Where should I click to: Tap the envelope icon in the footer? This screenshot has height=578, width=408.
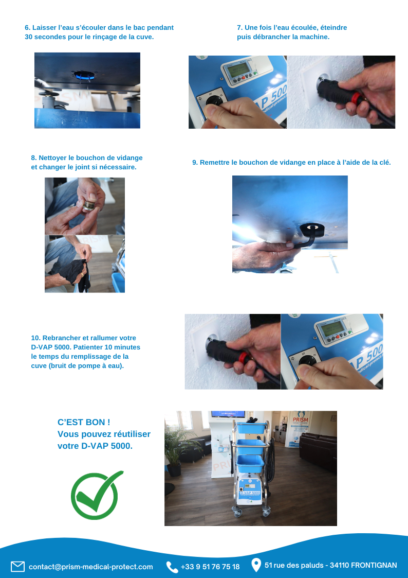[17, 566]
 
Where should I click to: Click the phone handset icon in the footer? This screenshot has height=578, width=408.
[172, 567]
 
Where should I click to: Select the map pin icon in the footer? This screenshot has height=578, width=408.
[256, 565]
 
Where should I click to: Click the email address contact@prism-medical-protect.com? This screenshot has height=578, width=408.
[91, 567]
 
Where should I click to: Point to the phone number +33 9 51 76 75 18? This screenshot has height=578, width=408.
[210, 567]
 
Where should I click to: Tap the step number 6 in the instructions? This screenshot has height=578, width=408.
[27, 28]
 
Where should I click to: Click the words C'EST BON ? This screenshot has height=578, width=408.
[84, 422]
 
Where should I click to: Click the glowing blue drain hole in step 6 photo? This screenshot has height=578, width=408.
[85, 75]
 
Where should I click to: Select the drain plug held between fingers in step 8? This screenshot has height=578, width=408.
[88, 205]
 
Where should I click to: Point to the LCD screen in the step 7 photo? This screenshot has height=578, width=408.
[236, 70]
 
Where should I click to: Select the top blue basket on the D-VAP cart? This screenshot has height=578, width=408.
[251, 428]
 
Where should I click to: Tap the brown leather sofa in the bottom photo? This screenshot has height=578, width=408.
[318, 452]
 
